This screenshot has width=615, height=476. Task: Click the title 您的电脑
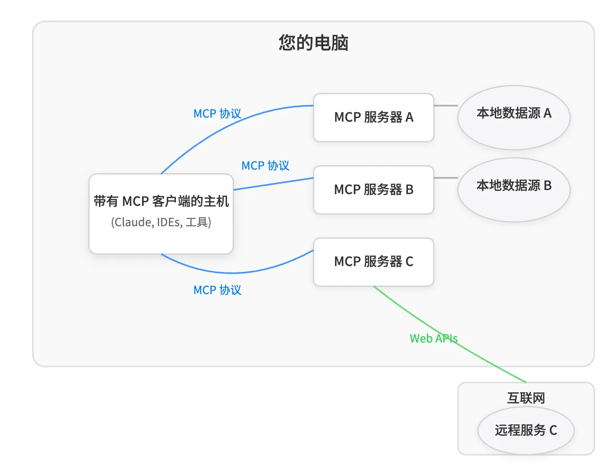click(313, 43)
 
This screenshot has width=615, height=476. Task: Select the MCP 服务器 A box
click(374, 117)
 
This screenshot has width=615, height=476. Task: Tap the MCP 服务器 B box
click(374, 190)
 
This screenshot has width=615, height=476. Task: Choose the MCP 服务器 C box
click(374, 262)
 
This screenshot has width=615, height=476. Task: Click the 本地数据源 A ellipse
click(514, 117)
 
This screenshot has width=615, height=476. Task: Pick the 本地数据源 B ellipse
click(514, 190)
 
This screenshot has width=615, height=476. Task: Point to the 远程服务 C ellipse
click(525, 430)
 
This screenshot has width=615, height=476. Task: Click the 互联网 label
click(525, 398)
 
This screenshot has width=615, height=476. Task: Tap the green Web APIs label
click(433, 338)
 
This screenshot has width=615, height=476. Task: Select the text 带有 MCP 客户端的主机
click(161, 201)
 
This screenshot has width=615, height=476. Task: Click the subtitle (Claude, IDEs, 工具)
click(161, 222)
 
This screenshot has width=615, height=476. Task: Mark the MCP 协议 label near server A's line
click(217, 114)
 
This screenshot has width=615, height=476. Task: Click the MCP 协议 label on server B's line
click(265, 166)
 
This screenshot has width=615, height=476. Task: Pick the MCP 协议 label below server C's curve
click(217, 290)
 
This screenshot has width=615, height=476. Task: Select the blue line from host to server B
click(273, 184)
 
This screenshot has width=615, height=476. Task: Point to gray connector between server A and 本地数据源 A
click(445, 105)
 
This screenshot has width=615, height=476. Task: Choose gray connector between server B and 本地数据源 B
click(445, 178)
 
